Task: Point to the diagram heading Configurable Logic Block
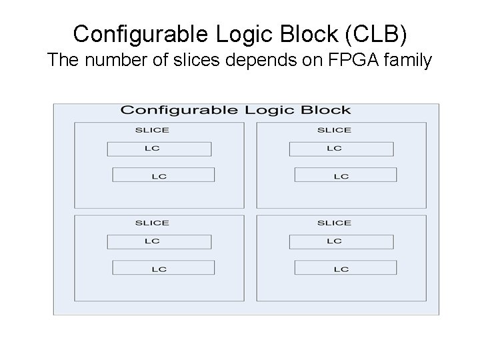click(x=235, y=110)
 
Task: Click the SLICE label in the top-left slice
click(x=152, y=130)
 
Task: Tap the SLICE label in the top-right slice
click(x=334, y=130)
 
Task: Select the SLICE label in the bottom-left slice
click(x=152, y=223)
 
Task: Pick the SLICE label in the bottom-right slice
click(x=334, y=223)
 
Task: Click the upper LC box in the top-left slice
click(x=159, y=149)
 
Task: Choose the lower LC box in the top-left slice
click(x=163, y=175)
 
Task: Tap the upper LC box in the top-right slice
click(x=341, y=149)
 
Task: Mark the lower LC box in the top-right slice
click(x=345, y=175)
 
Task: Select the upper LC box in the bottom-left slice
click(x=159, y=241)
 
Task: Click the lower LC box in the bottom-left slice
click(x=163, y=267)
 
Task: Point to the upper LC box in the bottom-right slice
click(x=341, y=241)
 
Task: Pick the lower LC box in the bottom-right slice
click(x=345, y=267)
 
